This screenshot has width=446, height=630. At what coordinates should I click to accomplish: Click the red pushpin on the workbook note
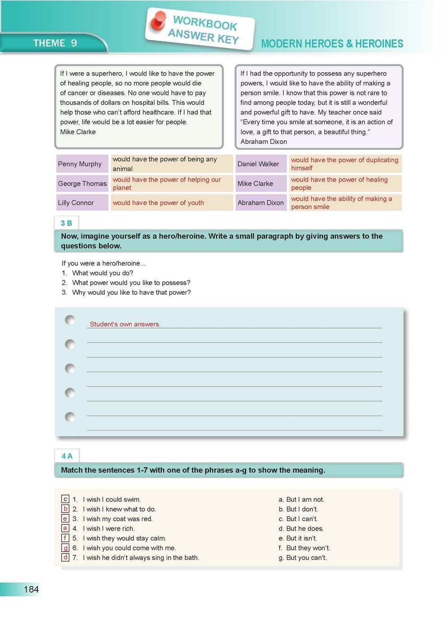[159, 20]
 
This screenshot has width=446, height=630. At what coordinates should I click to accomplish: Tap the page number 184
[31, 589]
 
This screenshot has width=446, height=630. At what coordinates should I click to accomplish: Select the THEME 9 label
[55, 43]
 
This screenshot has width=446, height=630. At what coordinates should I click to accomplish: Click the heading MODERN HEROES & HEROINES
[332, 44]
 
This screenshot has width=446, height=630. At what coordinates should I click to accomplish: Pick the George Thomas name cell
[82, 184]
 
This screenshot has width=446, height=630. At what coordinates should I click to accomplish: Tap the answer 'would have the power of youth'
[158, 203]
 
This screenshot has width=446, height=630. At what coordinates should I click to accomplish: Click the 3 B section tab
[66, 223]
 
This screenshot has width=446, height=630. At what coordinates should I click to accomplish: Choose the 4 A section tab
[67, 456]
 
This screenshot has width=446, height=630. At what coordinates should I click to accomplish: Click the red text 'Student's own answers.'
[125, 324]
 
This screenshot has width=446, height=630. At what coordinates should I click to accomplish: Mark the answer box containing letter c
[65, 499]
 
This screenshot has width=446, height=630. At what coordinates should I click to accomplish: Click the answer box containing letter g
[65, 548]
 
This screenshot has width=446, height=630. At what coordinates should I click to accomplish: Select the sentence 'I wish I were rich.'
[109, 529]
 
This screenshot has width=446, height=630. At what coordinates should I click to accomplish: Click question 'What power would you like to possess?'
[131, 283]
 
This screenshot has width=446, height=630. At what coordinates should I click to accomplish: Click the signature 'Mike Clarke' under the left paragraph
[78, 132]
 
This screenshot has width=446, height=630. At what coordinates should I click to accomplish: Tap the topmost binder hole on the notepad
[70, 320]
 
